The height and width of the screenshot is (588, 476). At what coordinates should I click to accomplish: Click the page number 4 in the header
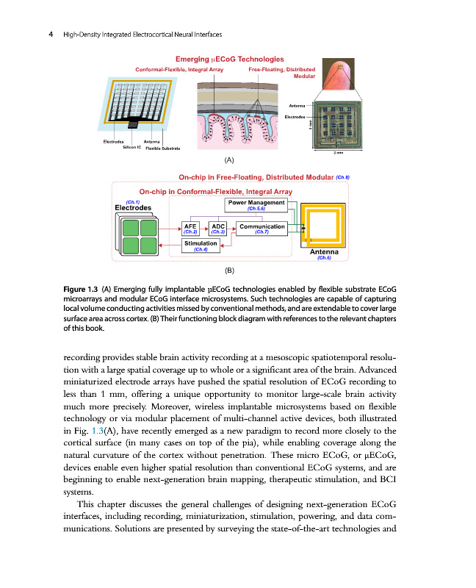(x=50, y=34)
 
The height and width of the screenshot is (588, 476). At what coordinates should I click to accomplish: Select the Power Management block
(x=256, y=205)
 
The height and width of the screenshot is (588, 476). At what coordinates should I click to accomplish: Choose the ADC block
(x=218, y=229)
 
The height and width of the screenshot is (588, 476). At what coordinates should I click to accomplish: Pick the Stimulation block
(x=200, y=245)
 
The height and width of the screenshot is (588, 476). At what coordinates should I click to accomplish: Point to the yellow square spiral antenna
(x=324, y=226)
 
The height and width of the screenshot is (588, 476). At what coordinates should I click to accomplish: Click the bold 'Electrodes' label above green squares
(x=134, y=207)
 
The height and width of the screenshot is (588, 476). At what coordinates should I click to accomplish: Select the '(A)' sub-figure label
(x=230, y=159)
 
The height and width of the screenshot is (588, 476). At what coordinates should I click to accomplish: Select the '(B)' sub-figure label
(x=230, y=270)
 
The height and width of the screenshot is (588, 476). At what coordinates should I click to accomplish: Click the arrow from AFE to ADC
(x=205, y=228)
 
